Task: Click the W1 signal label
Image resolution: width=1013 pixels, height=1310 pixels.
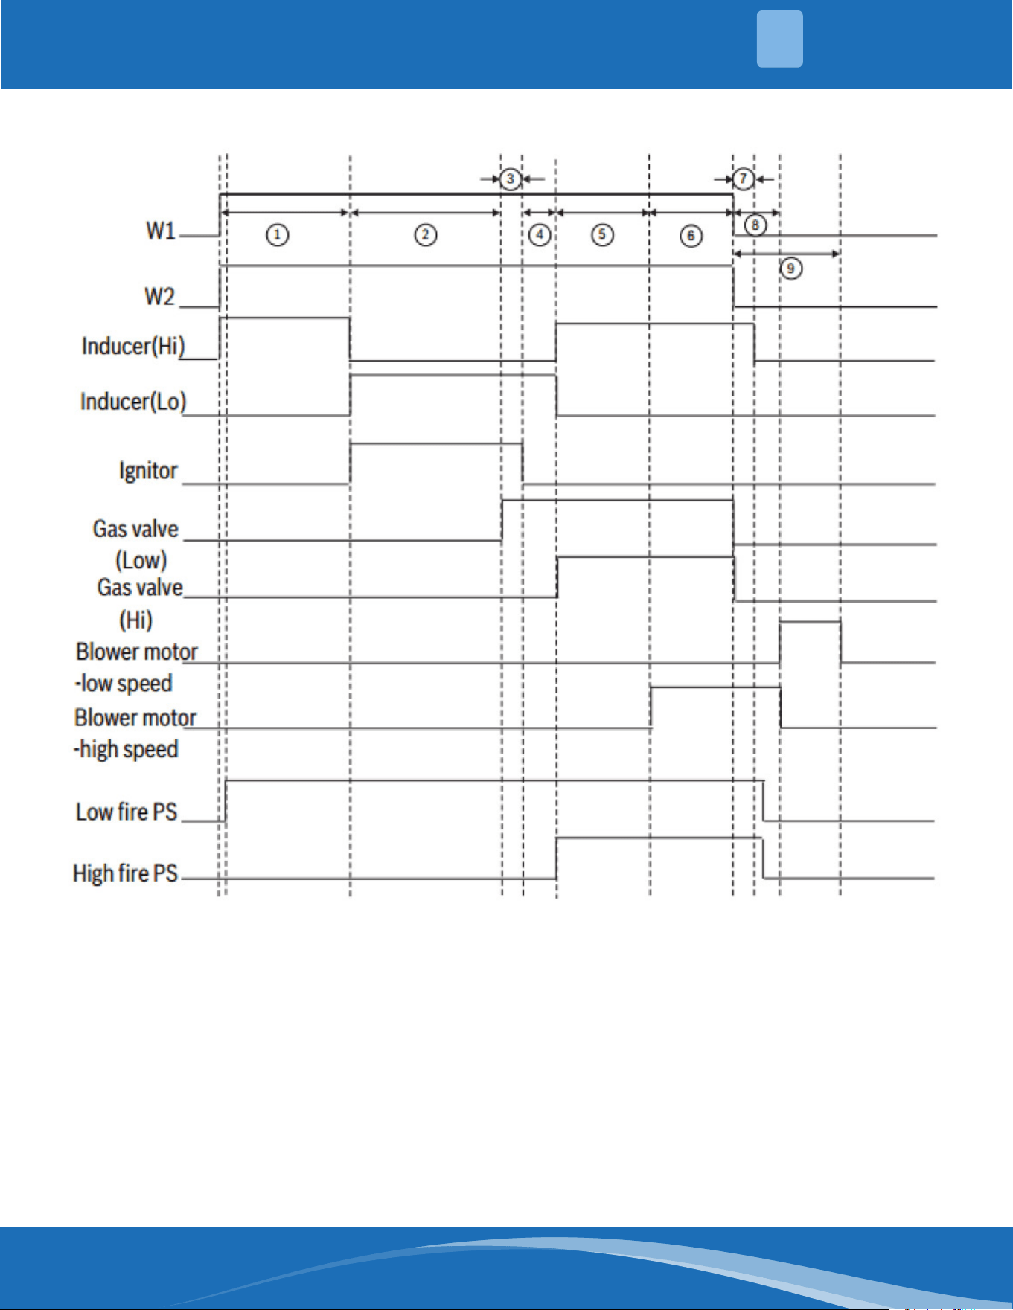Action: pos(161,231)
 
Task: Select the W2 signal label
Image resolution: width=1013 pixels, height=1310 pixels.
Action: pos(159,297)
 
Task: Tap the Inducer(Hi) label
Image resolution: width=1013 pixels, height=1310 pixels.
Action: pos(133,347)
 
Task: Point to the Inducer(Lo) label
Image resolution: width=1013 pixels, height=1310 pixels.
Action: pos(133,402)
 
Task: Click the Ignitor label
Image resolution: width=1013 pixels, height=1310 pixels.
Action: pos(148,471)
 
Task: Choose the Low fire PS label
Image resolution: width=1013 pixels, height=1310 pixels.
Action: pos(127,812)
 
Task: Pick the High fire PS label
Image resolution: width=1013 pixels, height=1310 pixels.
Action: pos(125,873)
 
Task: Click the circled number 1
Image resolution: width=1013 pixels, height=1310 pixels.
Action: pos(278,236)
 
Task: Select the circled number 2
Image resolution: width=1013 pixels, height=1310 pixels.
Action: pos(426,236)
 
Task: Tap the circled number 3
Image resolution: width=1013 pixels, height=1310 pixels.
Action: pos(510,179)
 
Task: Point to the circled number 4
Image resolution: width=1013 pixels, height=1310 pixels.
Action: pos(540,236)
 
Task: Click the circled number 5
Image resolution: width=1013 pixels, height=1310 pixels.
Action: pos(602,236)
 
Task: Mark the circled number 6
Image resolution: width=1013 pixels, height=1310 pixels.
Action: pos(691,236)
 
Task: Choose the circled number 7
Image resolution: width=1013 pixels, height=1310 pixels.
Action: pos(743,179)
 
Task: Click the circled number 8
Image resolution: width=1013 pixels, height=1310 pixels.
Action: pos(755,225)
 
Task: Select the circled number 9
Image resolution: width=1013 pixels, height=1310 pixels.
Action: pos(790,269)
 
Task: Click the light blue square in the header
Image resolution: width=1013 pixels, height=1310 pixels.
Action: pos(780,39)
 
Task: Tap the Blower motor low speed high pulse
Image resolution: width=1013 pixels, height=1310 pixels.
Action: pos(811,621)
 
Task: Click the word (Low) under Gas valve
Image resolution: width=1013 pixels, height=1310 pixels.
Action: pos(141,560)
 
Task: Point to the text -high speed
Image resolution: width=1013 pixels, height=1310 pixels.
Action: pos(126,749)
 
